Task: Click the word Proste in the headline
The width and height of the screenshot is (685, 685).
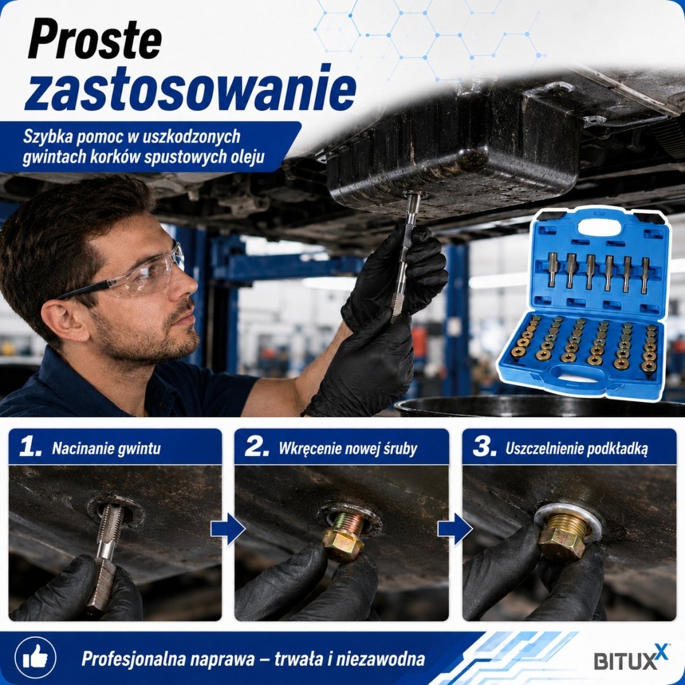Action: (x=95, y=39)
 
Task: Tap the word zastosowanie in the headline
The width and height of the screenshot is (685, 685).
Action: (x=191, y=89)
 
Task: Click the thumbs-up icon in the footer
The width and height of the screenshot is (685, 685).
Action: (x=36, y=657)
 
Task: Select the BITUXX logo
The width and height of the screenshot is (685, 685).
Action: (x=631, y=657)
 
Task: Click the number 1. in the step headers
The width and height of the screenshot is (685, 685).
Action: (x=30, y=447)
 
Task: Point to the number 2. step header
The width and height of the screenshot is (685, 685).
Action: (x=257, y=447)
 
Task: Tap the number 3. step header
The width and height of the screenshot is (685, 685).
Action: (x=485, y=447)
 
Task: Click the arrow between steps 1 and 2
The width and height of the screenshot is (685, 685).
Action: (x=228, y=528)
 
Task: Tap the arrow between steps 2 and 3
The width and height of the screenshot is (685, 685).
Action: (x=455, y=528)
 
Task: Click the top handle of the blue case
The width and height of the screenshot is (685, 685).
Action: (x=599, y=227)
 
